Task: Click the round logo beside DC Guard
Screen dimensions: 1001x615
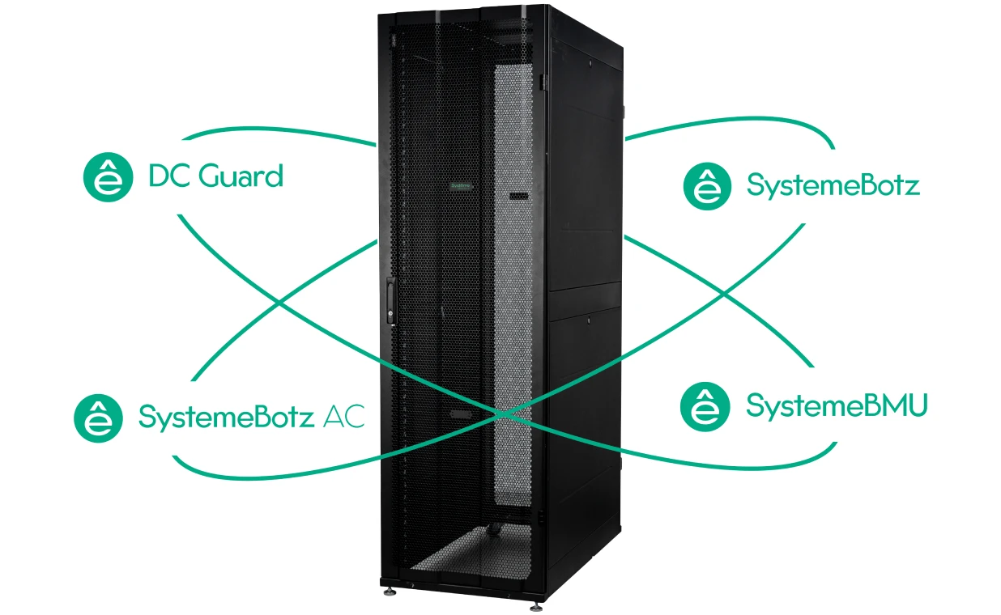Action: tap(109, 177)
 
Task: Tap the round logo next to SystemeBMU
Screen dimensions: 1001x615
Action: tap(705, 407)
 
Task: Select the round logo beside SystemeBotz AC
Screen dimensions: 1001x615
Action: tap(98, 418)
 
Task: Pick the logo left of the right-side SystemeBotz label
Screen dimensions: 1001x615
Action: tap(707, 186)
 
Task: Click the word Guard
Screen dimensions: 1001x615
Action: tap(241, 176)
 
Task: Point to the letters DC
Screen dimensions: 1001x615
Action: tap(170, 176)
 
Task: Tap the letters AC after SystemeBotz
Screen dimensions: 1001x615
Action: tap(343, 417)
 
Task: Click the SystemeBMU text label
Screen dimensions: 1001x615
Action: tap(837, 406)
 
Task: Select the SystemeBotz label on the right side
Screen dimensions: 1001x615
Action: tap(833, 185)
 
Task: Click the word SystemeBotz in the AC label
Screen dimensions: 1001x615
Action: tap(227, 418)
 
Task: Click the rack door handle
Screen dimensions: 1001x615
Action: tap(390, 300)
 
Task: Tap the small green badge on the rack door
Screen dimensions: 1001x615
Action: tap(461, 186)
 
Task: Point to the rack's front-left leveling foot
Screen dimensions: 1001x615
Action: tap(390, 592)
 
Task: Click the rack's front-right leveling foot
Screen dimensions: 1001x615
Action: tap(536, 606)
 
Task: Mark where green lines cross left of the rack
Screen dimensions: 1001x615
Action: tap(279, 303)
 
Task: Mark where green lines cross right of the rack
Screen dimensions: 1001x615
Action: tap(724, 295)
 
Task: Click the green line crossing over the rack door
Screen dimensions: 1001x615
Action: tap(503, 414)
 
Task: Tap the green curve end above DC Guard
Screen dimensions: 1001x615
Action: tap(184, 139)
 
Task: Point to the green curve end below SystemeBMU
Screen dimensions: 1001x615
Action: tap(836, 443)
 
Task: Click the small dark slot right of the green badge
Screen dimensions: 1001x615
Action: tap(519, 196)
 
